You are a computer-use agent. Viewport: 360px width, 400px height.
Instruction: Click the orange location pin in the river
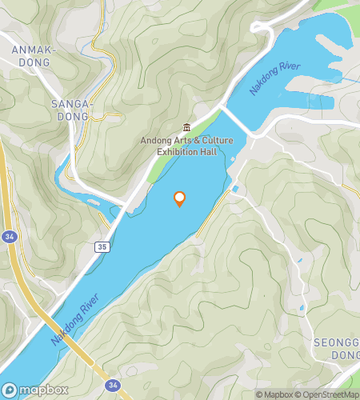(x=179, y=198)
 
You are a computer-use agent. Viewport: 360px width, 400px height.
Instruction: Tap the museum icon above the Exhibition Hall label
(x=186, y=127)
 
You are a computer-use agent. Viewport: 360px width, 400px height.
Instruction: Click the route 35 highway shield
(x=102, y=247)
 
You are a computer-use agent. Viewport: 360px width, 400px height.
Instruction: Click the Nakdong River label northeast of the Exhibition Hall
(x=274, y=78)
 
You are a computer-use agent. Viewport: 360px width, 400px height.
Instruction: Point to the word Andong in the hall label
(x=156, y=141)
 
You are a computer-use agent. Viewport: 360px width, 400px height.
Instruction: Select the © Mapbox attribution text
(x=274, y=394)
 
